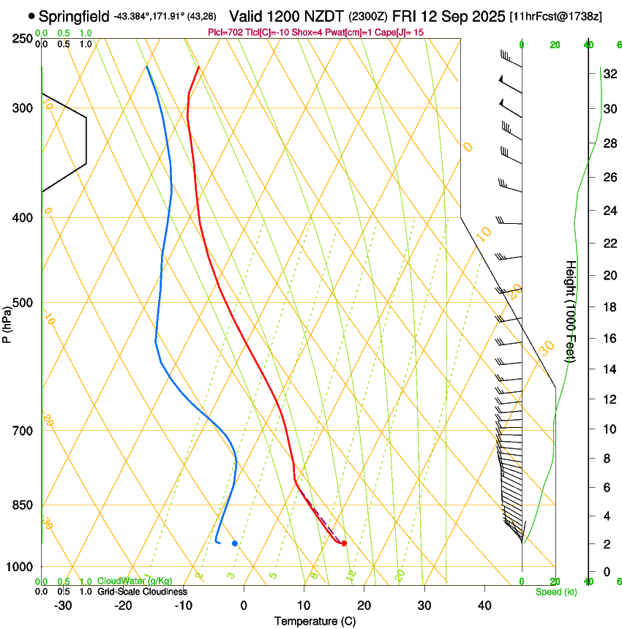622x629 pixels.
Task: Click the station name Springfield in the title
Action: [x=74, y=15]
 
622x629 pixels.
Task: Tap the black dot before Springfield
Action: [x=31, y=15]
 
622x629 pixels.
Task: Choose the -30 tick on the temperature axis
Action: [x=63, y=606]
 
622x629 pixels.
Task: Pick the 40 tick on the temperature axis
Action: [x=484, y=606]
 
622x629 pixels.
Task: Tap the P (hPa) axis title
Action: [x=7, y=323]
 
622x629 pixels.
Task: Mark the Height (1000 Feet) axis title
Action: [x=571, y=311]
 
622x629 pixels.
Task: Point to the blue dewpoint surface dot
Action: [x=235, y=543]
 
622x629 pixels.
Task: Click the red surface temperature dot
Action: [x=344, y=543]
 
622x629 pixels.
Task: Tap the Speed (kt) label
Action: [x=556, y=592]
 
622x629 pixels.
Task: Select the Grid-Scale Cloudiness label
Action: [x=142, y=592]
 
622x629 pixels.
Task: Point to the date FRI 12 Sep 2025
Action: [x=449, y=15]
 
